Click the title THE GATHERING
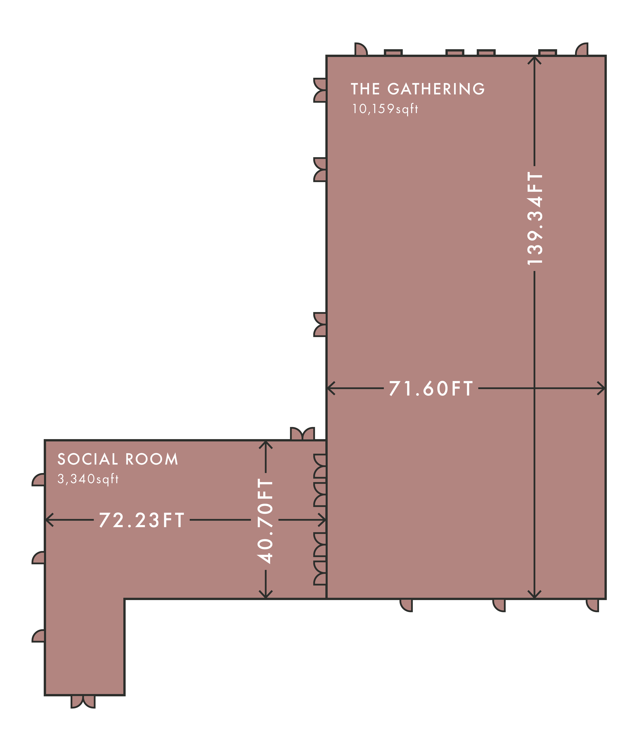tap(418, 89)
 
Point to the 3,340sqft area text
tap(88, 479)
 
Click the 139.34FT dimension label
tap(535, 218)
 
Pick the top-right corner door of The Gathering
tap(582, 49)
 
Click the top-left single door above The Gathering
tap(361, 49)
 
